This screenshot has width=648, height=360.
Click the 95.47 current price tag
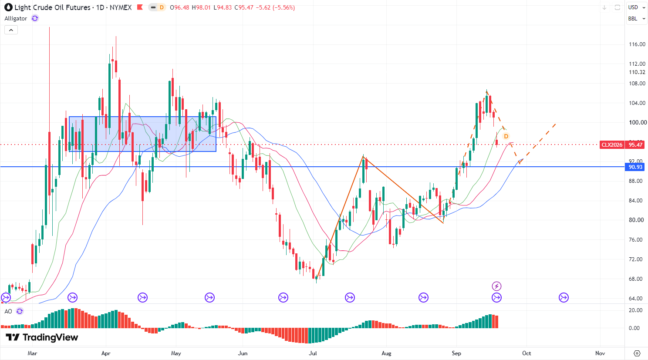(x=636, y=145)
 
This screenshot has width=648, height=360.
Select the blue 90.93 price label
(x=635, y=167)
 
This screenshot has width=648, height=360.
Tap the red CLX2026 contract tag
(x=612, y=145)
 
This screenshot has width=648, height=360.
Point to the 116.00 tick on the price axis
(x=637, y=44)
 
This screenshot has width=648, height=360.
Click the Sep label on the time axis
(x=456, y=353)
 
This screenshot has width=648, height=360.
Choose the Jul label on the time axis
(x=313, y=353)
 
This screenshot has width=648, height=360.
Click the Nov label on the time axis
(x=600, y=353)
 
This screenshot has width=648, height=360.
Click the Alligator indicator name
(x=16, y=19)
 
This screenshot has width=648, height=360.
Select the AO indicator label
(x=8, y=311)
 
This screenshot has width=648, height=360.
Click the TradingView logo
(x=42, y=337)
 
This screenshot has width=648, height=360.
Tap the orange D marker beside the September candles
(x=506, y=136)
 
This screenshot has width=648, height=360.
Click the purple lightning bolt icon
(x=497, y=286)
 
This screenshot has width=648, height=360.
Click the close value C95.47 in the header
(x=244, y=7)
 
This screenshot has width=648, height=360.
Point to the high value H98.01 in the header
(x=201, y=7)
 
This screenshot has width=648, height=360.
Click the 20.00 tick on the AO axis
(x=635, y=310)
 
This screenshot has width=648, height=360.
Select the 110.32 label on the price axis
(x=637, y=72)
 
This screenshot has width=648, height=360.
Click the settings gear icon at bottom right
(x=637, y=353)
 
